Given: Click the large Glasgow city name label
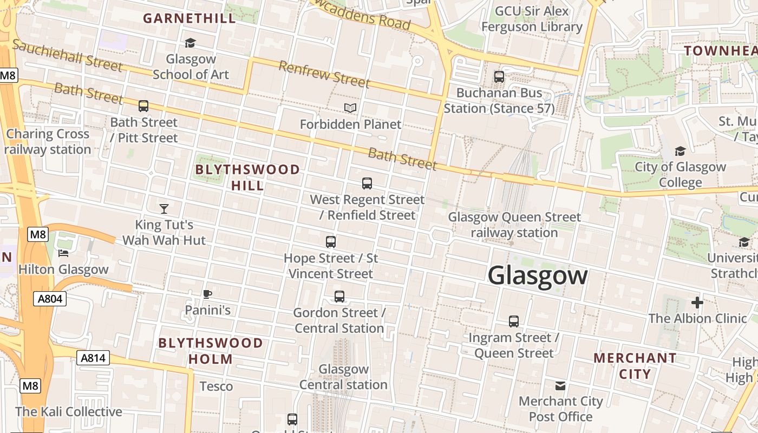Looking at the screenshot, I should coord(537,275).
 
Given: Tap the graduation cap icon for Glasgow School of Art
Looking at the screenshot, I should coord(190,43).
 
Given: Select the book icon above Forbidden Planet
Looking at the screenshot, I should coord(350,108).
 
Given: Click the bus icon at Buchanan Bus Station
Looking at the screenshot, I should coord(499,77).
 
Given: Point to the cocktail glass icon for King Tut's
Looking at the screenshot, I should coord(164,208).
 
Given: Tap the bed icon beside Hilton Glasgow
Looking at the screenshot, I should coord(64,253).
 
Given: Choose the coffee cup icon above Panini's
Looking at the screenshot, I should coord(207,294).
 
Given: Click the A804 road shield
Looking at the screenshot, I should coord(50,299).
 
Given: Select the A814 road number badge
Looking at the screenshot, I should coord(93,358).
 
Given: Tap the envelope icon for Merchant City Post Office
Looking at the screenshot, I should coord(560,385).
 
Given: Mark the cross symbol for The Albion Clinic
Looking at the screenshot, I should coord(697,303).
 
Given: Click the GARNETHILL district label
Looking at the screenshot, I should coord(190,18).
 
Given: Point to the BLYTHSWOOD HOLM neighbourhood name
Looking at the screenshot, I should coord(211,351).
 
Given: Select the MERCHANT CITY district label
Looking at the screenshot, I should coord(635,366).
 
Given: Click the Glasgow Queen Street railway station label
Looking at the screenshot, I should coord(514,225).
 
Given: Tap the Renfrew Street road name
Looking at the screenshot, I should coord(324,75).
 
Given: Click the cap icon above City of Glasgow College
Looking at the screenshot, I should coord(680,151).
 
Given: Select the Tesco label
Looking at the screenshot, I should coord(216,386).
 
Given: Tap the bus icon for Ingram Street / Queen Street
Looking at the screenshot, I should coord(513,322).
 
